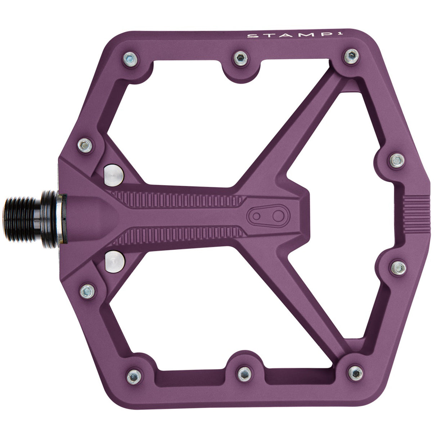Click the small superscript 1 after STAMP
click(x=294, y=35)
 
